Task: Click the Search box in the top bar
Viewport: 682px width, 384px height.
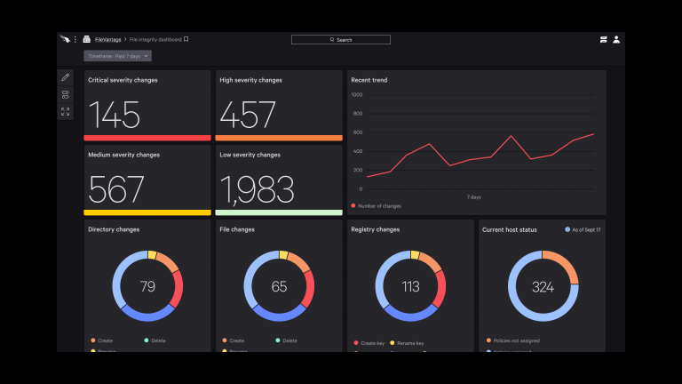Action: point(341,40)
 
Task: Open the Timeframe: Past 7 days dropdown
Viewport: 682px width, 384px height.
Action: point(118,56)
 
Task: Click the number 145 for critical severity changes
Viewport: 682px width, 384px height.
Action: point(115,115)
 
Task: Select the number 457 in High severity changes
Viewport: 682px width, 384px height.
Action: point(248,115)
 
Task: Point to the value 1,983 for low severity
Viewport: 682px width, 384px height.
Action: point(257,188)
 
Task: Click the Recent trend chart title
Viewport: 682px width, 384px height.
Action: point(369,80)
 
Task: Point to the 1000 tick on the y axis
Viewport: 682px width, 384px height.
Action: point(356,94)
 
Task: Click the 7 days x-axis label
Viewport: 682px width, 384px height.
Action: point(473,196)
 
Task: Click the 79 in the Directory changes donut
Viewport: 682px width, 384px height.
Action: point(147,286)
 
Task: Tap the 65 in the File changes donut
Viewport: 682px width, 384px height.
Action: point(279,286)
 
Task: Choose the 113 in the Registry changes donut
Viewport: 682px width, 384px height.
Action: point(410,286)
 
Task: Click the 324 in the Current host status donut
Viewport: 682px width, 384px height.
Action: point(543,286)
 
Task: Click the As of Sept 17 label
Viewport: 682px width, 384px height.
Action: point(585,229)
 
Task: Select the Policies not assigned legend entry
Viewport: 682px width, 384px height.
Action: point(516,340)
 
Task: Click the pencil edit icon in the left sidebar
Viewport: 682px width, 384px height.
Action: point(65,78)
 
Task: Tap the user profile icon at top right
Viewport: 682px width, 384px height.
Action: point(616,40)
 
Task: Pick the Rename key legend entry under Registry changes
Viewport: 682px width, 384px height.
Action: point(409,342)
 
